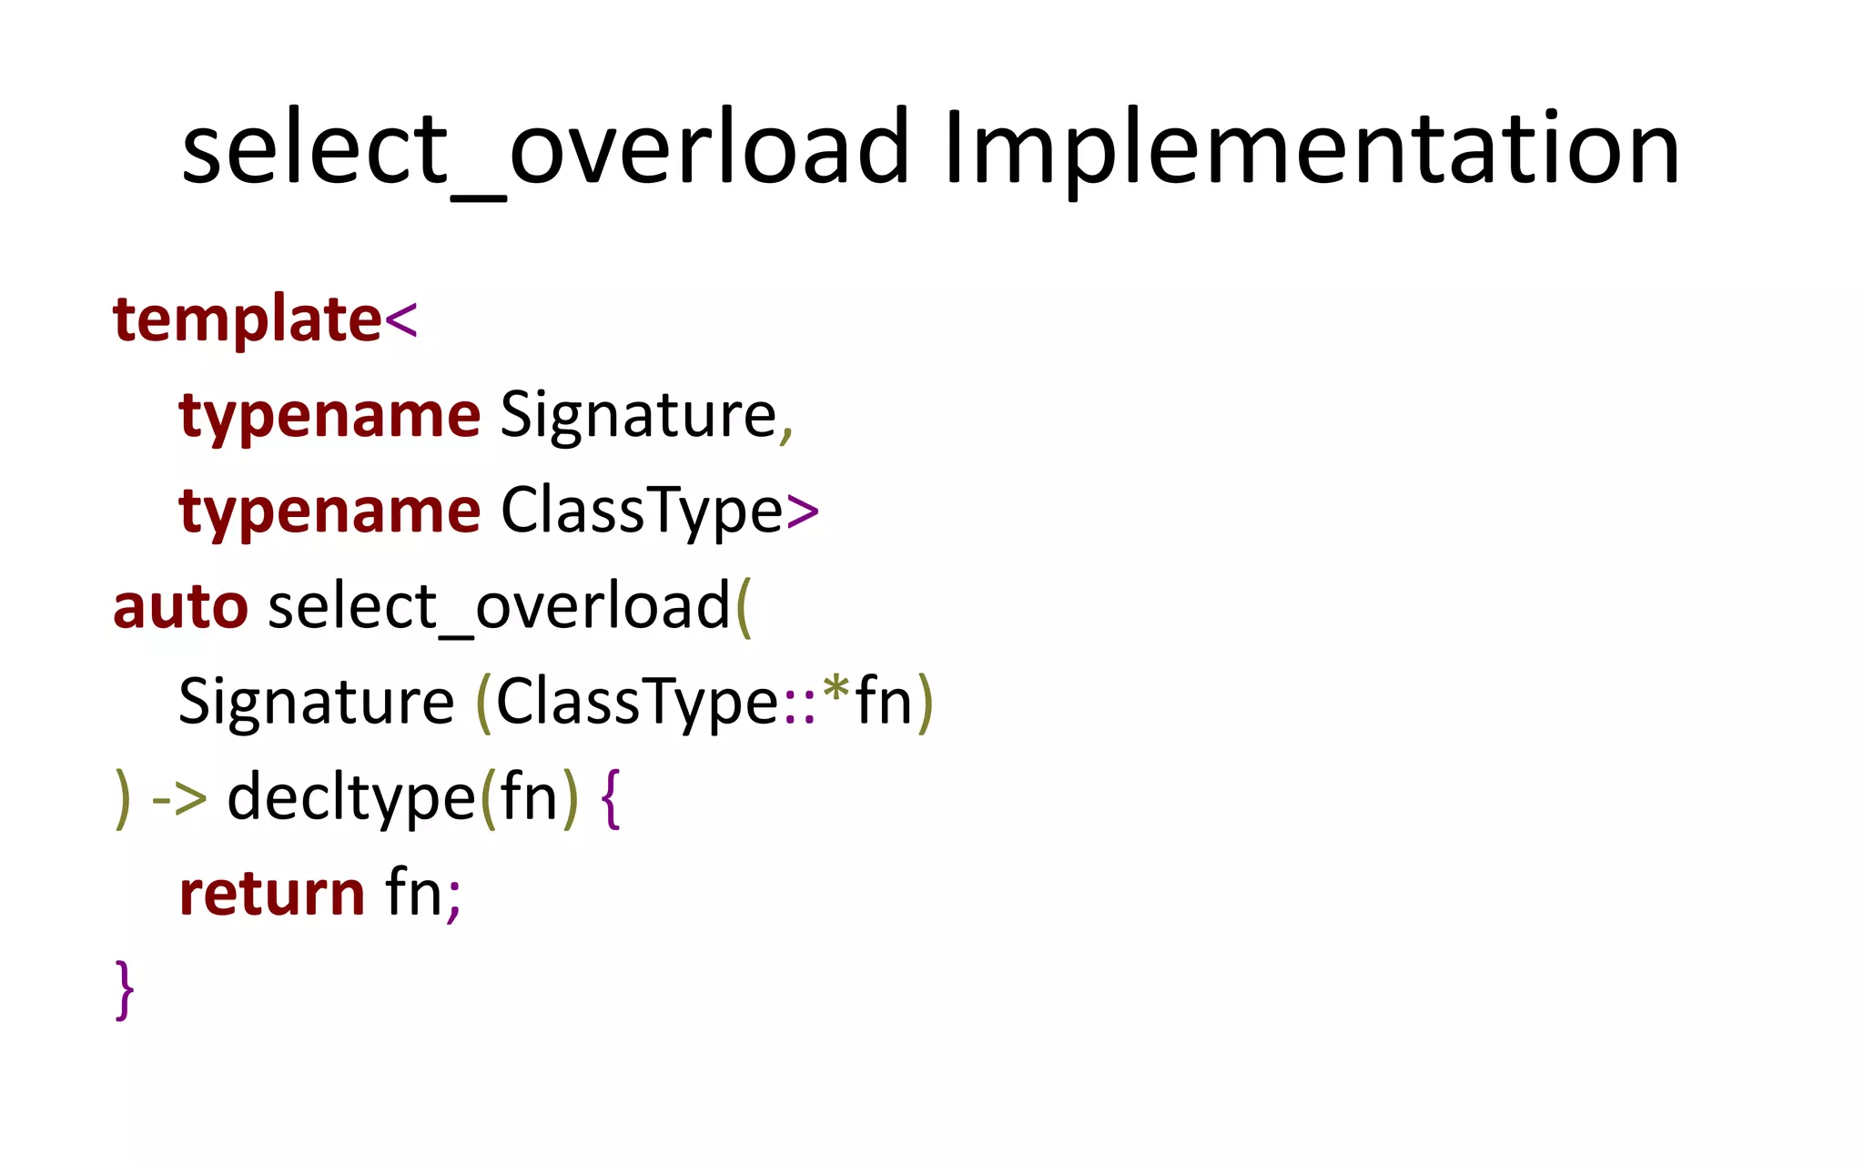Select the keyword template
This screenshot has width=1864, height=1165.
click(x=247, y=320)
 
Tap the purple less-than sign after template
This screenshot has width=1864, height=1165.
click(x=401, y=320)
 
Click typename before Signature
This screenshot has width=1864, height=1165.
click(x=329, y=416)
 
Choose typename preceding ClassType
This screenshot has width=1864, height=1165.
click(x=329, y=512)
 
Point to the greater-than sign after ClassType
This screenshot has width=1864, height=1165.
click(x=802, y=512)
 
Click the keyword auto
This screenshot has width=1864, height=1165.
click(x=180, y=607)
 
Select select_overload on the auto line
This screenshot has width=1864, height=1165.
click(x=499, y=607)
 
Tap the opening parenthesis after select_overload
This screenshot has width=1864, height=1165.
click(x=744, y=607)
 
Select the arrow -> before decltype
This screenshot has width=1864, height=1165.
click(x=179, y=799)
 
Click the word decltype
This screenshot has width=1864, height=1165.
click(x=350, y=798)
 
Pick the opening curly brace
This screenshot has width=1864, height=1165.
click(x=611, y=799)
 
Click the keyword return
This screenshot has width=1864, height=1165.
click(x=272, y=894)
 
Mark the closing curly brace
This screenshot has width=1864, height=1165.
click(x=125, y=989)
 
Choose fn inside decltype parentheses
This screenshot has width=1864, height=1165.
click(x=528, y=798)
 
